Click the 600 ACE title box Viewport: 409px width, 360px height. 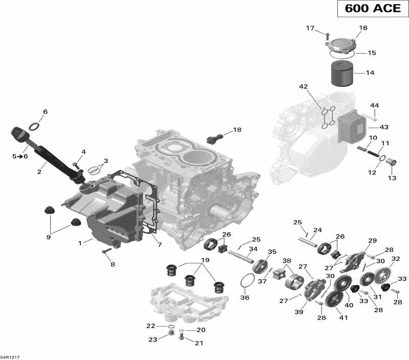(367, 10)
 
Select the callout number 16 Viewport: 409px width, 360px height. (363, 28)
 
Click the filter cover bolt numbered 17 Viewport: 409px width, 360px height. (326, 35)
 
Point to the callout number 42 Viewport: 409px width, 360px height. (304, 87)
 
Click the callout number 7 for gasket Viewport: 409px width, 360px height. (160, 245)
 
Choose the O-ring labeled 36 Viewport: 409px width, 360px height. (246, 281)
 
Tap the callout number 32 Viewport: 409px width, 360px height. (395, 259)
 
